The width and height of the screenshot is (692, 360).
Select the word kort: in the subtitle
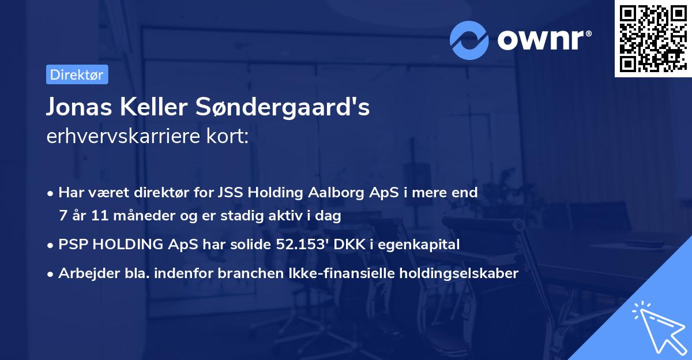point(229,137)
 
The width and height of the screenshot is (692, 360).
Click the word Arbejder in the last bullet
point(86,273)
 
